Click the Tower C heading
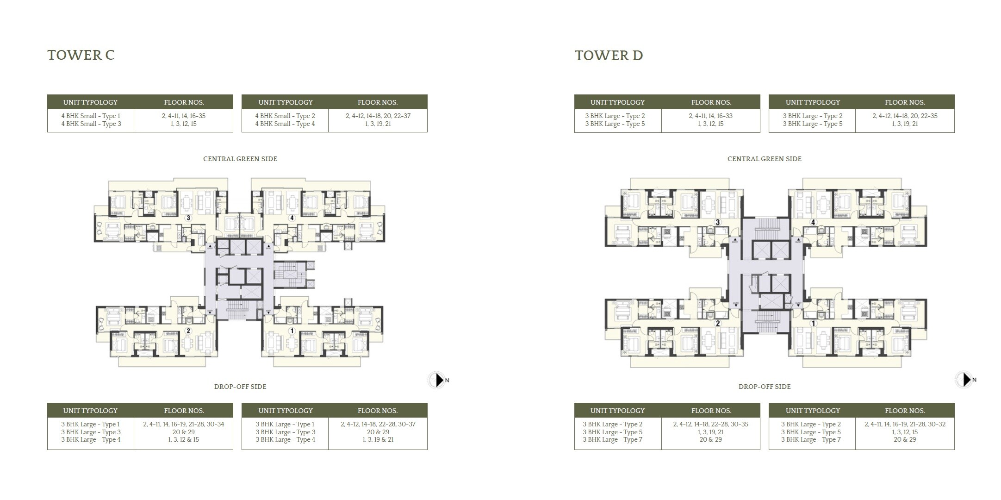(x=81, y=55)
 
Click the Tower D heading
(x=609, y=56)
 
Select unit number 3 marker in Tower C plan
(x=188, y=218)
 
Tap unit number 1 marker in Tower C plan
(x=292, y=331)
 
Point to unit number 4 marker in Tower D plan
(x=813, y=222)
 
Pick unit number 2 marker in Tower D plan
(x=718, y=323)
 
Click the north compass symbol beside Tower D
(x=964, y=380)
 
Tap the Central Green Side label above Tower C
(x=240, y=159)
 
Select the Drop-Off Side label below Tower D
(x=765, y=387)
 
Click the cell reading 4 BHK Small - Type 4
(x=285, y=124)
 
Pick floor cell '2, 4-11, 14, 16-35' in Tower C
(x=183, y=116)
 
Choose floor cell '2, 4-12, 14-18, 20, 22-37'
(x=378, y=116)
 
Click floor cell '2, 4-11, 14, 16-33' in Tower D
(x=710, y=116)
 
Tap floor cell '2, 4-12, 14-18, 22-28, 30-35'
(x=710, y=424)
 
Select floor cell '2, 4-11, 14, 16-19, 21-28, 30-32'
(x=905, y=424)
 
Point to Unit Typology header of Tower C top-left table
(x=90, y=102)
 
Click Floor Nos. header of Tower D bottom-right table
(x=905, y=411)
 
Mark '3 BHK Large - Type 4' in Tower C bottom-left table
(x=91, y=440)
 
